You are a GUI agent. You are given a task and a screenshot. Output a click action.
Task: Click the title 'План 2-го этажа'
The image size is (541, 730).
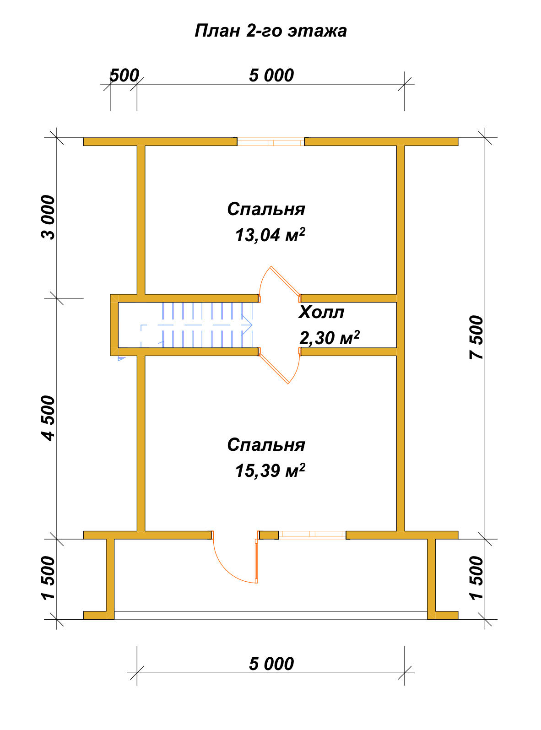click(270, 31)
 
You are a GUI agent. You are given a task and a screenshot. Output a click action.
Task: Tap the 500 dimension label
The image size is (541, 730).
click(124, 76)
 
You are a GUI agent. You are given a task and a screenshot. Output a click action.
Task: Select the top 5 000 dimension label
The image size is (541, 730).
click(271, 76)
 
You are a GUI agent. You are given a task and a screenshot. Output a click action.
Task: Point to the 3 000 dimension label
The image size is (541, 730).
click(49, 217)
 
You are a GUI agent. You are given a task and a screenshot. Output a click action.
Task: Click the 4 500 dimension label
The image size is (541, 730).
click(49, 418)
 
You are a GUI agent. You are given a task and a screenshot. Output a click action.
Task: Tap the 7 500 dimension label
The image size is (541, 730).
click(476, 337)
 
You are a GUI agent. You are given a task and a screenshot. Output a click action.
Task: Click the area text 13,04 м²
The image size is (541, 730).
click(270, 235)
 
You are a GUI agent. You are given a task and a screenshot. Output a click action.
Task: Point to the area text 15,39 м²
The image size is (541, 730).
click(270, 470)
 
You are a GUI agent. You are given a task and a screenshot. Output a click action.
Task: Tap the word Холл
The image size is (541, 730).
click(321, 312)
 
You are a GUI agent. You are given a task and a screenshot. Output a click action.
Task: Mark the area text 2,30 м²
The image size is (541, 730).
click(329, 337)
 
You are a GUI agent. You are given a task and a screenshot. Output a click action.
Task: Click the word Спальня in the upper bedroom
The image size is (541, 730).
click(266, 209)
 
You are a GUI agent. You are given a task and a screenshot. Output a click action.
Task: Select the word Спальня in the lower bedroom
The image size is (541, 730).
click(266, 445)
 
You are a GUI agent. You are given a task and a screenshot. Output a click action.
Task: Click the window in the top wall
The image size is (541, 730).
click(270, 142)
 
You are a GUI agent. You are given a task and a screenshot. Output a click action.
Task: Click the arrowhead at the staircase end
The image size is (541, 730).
click(247, 325)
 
